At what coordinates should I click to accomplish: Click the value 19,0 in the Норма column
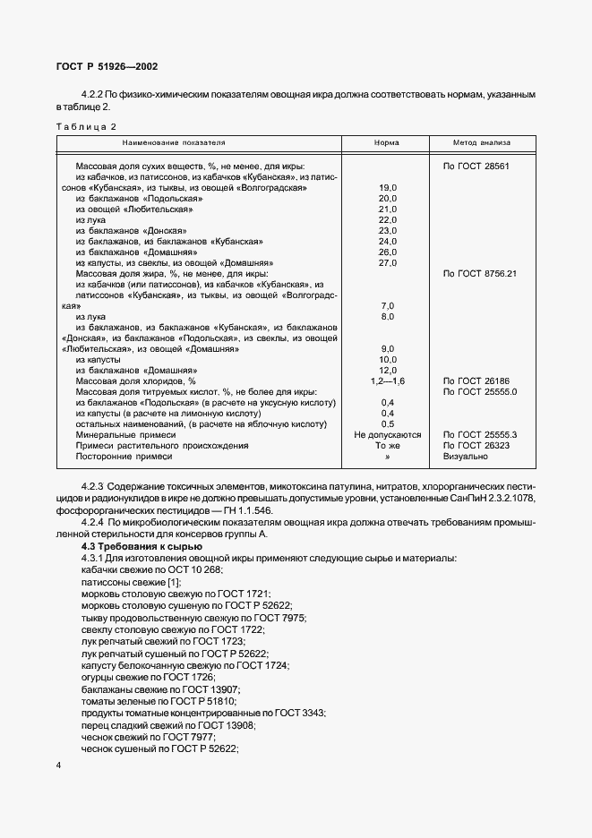pos(387,187)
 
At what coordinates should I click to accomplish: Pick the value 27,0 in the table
pos(387,262)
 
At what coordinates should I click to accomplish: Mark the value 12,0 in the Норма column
pos(387,370)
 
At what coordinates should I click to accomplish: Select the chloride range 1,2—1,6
pos(387,381)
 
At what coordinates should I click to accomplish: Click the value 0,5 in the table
pos(387,423)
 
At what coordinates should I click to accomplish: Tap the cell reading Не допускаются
pos(387,434)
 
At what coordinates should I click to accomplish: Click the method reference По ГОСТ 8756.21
pos(481,273)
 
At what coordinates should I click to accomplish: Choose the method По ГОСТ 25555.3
pos(481,434)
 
